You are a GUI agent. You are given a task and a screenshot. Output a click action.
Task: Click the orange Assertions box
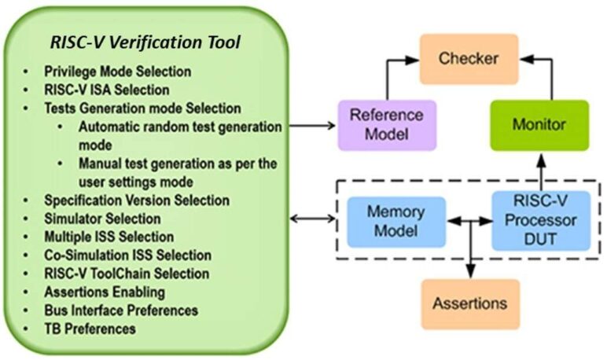pos(470,303)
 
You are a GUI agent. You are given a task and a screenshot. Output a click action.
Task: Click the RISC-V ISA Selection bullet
pos(106,90)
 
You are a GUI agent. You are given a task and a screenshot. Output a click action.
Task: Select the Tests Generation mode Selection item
pos(142,108)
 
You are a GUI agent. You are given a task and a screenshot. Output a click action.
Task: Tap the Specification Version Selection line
pos(137,200)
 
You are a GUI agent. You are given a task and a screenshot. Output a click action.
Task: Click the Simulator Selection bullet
pos(102,219)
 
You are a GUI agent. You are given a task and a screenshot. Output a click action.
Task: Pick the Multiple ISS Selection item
pos(109,237)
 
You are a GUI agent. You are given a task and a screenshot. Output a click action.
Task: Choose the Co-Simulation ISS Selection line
pos(127,255)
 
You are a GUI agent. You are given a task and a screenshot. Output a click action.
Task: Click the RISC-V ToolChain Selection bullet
pos(127,274)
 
